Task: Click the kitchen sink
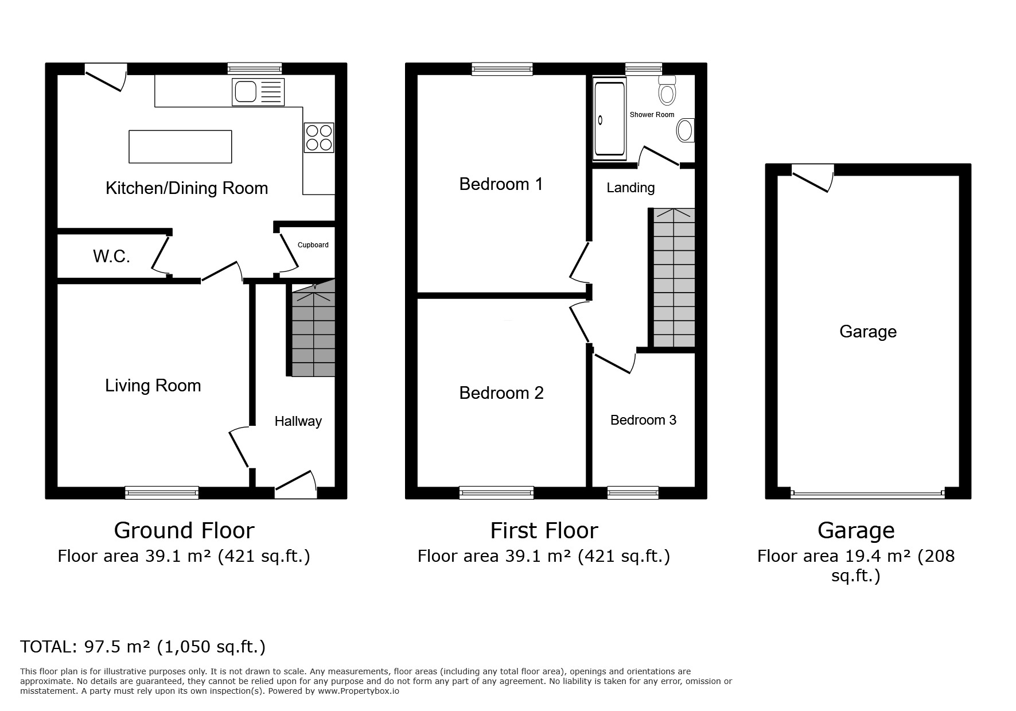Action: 258,92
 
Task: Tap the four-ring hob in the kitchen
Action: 318,138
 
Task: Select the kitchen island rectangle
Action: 180,146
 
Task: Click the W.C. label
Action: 111,256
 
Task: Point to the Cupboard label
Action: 313,245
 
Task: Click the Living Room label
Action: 153,385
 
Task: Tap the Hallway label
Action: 298,421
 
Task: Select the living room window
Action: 162,492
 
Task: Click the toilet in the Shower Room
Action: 666,91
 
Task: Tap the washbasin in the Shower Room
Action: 686,131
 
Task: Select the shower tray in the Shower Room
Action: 610,119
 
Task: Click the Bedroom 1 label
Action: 501,184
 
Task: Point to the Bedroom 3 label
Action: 643,420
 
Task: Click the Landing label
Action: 630,188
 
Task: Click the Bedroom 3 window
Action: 633,492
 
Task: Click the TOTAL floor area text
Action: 143,647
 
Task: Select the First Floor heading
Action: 544,530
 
